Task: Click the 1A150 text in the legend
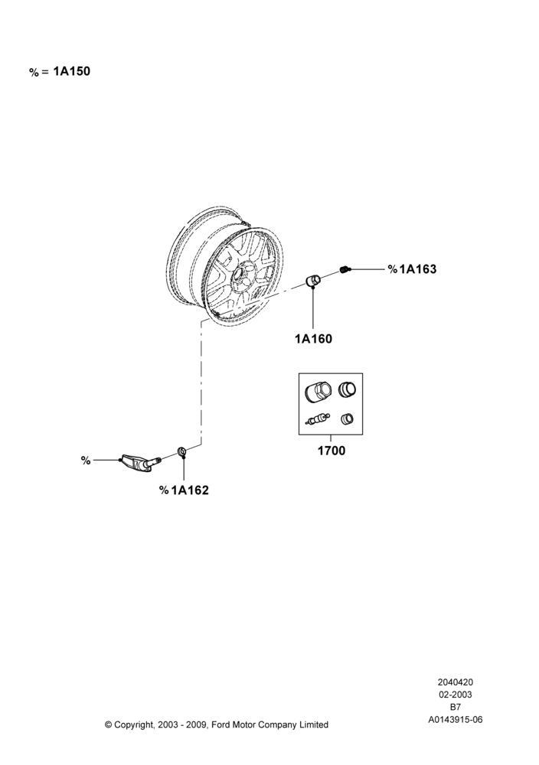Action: click(x=72, y=71)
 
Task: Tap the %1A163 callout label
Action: click(x=412, y=269)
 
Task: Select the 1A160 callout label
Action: click(x=313, y=339)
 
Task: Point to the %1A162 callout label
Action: click(x=184, y=490)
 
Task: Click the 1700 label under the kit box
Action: click(x=332, y=451)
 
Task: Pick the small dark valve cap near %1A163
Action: click(x=345, y=269)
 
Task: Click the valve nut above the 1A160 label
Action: click(x=312, y=281)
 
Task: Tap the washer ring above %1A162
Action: click(x=181, y=451)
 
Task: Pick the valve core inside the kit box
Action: click(x=317, y=419)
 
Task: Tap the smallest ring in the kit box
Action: click(x=347, y=418)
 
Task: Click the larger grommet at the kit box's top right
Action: click(x=347, y=389)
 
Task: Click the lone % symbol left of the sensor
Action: click(x=86, y=461)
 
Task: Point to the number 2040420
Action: click(x=455, y=682)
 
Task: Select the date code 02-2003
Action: click(x=455, y=695)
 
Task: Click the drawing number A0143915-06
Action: click(x=455, y=720)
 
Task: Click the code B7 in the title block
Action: click(x=455, y=707)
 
